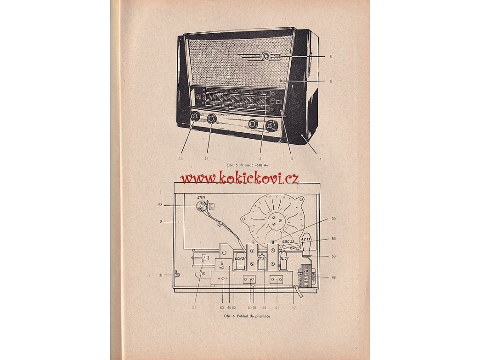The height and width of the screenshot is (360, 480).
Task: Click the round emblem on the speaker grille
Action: (266, 57)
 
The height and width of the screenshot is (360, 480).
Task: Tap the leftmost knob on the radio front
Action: (195, 116)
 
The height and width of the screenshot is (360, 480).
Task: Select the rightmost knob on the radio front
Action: (271, 126)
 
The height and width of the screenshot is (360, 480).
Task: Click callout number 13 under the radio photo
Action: (180, 159)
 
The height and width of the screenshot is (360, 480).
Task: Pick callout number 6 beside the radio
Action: (330, 56)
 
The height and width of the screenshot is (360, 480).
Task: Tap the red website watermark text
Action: (240, 178)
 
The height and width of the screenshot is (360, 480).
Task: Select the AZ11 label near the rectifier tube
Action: (306, 239)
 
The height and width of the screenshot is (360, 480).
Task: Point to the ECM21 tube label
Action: (240, 257)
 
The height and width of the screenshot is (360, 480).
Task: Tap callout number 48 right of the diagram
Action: (333, 277)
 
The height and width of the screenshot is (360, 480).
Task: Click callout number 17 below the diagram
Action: (294, 307)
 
